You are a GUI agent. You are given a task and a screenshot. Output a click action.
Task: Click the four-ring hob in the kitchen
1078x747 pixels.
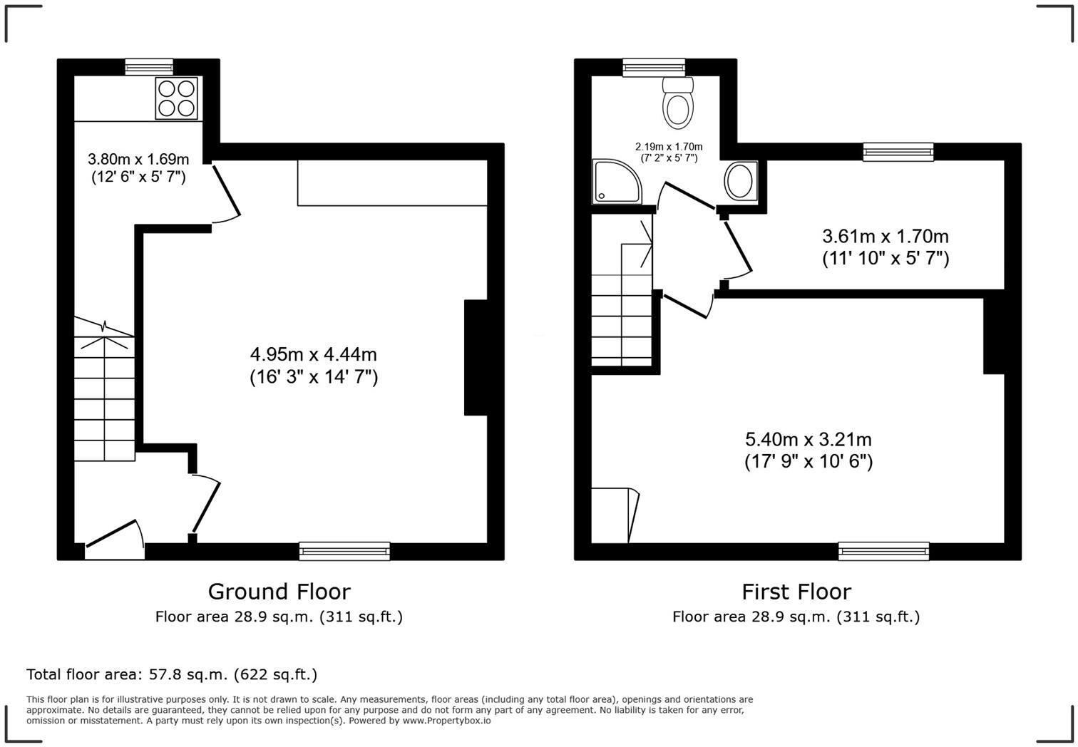click(177, 98)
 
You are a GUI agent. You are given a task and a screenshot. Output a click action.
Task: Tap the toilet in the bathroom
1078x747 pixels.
click(677, 103)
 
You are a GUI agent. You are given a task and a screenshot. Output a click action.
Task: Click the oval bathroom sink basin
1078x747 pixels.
click(741, 181)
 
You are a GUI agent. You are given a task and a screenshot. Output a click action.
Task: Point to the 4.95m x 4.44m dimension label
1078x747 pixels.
click(313, 365)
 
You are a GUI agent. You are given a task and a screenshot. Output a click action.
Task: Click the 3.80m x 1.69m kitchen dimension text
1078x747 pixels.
click(138, 168)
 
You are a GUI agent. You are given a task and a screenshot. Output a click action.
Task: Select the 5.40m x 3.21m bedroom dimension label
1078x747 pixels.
click(808, 450)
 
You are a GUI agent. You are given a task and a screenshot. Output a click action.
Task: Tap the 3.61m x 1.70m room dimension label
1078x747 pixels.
click(885, 247)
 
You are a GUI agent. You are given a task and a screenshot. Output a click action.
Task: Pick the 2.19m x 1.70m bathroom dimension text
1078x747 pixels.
click(668, 152)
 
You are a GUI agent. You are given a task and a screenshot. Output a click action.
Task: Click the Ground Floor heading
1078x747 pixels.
click(279, 592)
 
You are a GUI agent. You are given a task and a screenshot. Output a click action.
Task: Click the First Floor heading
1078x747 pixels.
click(796, 592)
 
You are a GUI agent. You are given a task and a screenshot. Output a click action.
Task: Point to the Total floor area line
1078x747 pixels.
click(171, 674)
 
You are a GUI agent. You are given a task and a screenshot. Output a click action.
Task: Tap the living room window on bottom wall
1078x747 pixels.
click(344, 551)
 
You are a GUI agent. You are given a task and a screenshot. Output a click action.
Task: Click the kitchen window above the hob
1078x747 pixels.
click(149, 67)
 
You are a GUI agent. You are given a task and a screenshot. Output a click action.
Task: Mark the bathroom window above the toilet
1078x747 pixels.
click(653, 67)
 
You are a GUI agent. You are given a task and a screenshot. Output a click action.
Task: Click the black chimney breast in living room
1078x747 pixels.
click(476, 357)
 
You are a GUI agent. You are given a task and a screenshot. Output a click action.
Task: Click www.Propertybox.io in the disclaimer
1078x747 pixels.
click(446, 721)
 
